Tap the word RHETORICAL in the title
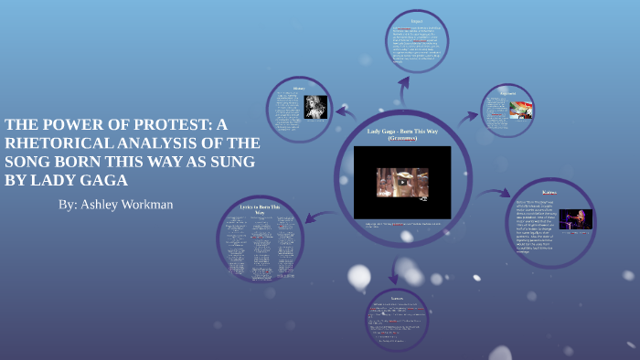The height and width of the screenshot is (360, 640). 64,143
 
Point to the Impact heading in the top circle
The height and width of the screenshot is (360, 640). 416,21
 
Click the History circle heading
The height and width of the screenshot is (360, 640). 298,89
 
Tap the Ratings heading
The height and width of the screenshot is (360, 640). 549,193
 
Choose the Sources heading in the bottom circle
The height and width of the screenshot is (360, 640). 396,297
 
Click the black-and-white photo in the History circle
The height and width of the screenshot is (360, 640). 315,108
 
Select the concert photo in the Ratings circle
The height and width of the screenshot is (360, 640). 576,219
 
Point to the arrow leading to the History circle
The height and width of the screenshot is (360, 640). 345,111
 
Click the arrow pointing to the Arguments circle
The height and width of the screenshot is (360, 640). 467,116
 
